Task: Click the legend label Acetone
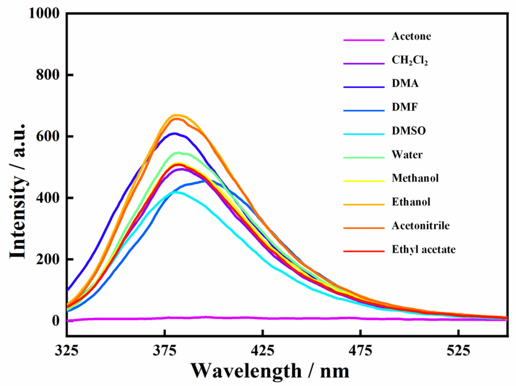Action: [411, 36]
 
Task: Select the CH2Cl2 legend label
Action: [409, 60]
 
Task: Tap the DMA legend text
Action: [405, 83]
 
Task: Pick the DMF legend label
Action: [405, 107]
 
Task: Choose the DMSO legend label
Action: [409, 131]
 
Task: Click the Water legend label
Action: [407, 155]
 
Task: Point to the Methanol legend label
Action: [415, 178]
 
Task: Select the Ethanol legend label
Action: [411, 202]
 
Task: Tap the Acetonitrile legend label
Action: [420, 226]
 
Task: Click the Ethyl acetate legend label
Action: [424, 249]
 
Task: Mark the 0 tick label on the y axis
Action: [56, 321]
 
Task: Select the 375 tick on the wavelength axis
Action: [164, 351]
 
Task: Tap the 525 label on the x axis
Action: [459, 351]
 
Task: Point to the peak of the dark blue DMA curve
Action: [174, 133]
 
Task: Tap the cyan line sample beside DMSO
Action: [364, 134]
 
